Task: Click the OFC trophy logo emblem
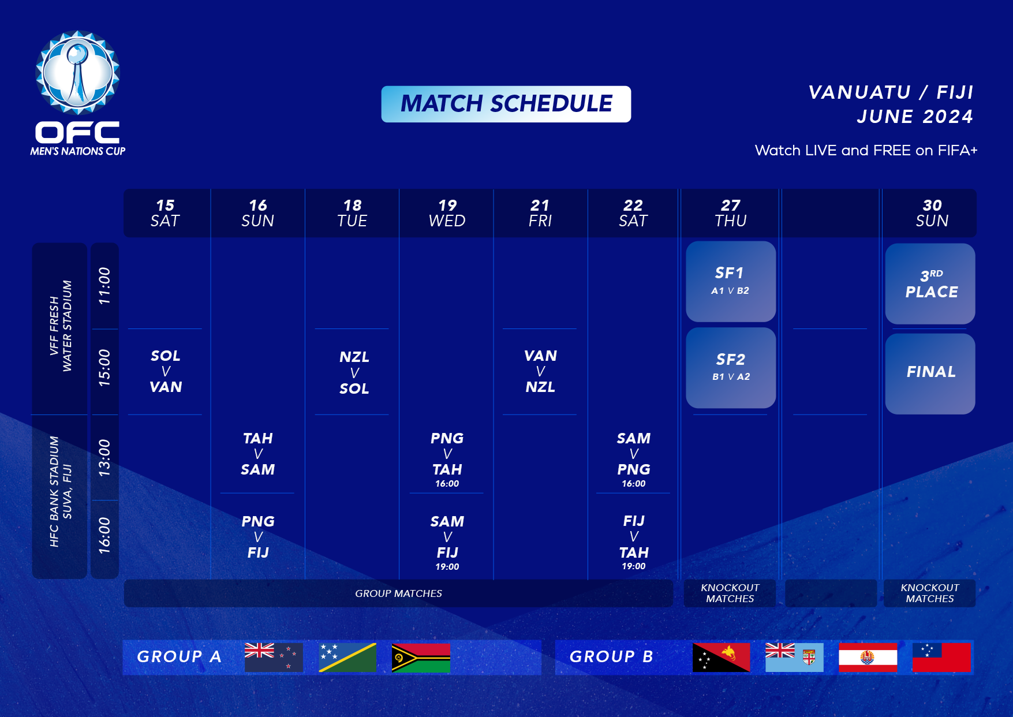point(78,72)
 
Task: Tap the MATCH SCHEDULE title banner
point(506,104)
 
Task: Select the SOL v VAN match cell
point(166,371)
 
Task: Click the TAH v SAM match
point(258,454)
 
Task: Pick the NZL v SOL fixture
point(354,372)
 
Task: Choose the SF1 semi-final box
point(731,281)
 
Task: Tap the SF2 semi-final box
point(731,368)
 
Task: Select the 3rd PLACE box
point(930,283)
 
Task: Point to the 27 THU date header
point(731,213)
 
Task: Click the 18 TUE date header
point(352,213)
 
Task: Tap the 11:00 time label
point(104,286)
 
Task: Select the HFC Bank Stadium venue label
point(60,491)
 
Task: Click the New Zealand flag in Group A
point(274,658)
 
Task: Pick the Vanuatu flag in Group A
point(421,658)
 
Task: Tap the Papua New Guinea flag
point(721,658)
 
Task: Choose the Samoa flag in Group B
point(941,658)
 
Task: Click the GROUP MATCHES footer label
point(398,593)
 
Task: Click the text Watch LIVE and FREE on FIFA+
point(866,151)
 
